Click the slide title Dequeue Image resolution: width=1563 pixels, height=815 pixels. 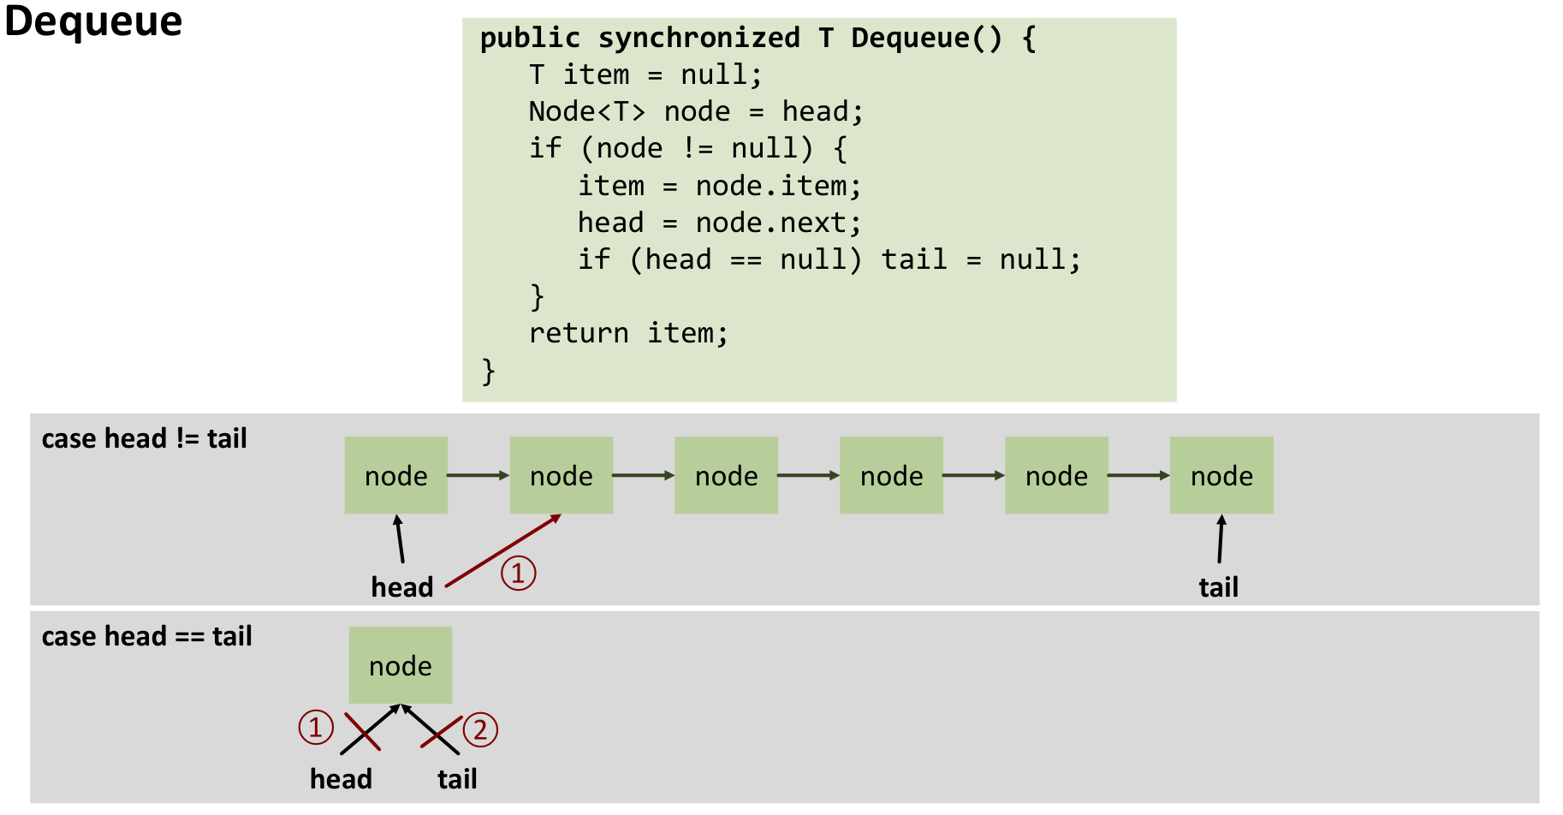point(93,21)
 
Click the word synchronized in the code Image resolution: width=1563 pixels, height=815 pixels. point(698,38)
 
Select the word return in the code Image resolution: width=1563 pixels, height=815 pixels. point(579,333)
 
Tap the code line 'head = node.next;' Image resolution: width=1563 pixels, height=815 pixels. point(719,223)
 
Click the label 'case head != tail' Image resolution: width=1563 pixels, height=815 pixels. point(144,438)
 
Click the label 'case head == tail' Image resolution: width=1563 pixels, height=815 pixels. point(146,636)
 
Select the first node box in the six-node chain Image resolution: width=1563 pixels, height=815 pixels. point(395,475)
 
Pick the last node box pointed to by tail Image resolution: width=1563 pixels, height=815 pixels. point(1221,475)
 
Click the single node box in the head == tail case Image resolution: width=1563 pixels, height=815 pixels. point(400,665)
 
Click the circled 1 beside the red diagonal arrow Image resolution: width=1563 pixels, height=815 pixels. point(518,573)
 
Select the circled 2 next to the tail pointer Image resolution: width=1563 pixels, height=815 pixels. point(480,729)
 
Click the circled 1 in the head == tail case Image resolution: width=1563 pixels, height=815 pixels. point(316,727)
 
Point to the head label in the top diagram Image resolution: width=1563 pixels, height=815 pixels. point(402,587)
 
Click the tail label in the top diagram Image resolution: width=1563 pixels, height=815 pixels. point(1218,587)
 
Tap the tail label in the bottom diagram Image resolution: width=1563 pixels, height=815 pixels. point(457,779)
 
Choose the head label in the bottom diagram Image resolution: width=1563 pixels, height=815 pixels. point(341,779)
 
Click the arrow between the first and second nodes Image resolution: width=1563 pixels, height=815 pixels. point(478,475)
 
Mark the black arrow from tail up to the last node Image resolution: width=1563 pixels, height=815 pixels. point(1221,539)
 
